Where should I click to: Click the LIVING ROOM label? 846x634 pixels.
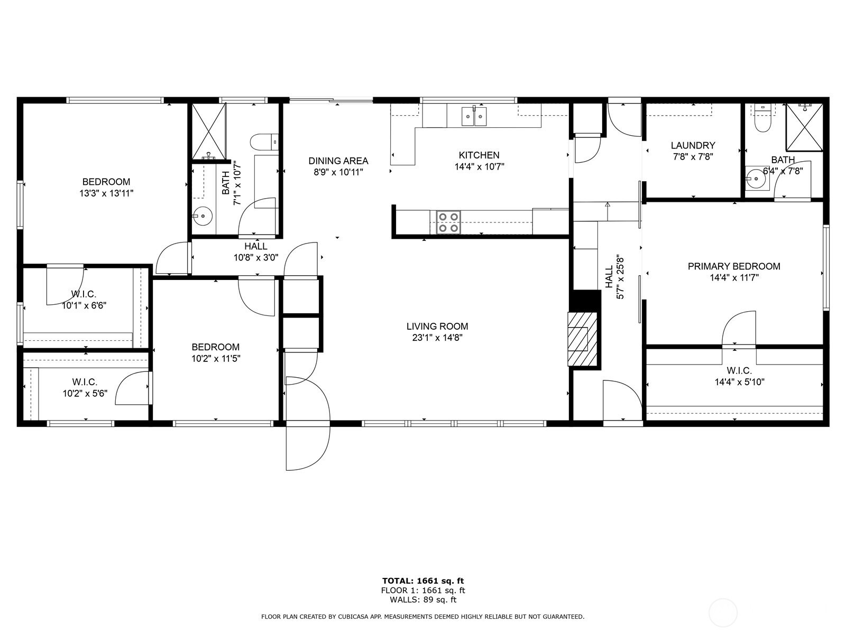(437, 327)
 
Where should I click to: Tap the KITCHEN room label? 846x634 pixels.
(479, 155)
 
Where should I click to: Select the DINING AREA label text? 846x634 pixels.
(338, 161)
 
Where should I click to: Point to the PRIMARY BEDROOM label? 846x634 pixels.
(734, 266)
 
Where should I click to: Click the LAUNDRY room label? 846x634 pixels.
(693, 145)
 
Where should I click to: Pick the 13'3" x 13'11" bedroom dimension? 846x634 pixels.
(106, 193)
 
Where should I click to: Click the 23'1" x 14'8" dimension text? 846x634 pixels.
(437, 338)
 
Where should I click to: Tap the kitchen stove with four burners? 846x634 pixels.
(448, 222)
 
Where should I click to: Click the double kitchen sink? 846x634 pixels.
(474, 116)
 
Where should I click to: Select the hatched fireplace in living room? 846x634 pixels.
(582, 339)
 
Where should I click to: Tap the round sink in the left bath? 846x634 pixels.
(203, 216)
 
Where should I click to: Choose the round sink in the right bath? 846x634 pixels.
(756, 179)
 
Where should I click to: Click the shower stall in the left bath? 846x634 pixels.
(208, 131)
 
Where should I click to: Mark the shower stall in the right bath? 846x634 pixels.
(804, 127)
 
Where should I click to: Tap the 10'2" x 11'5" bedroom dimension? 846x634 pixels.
(216, 359)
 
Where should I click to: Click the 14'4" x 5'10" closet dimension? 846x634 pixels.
(740, 382)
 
